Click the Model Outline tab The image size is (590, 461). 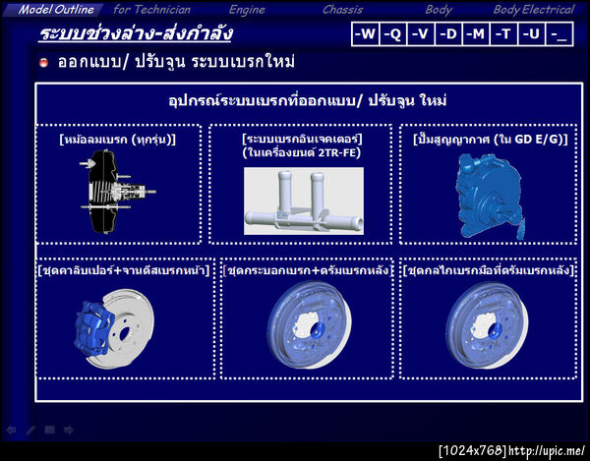point(56,9)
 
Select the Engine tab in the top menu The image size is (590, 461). point(246,9)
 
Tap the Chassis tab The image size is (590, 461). point(342,9)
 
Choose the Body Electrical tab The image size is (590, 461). point(533,9)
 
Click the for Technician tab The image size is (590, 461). point(151,9)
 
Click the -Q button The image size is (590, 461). point(393,33)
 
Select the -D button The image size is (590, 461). point(448,33)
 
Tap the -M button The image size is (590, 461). point(476,33)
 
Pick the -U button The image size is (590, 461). point(532,33)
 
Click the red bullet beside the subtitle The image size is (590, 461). point(43,63)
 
